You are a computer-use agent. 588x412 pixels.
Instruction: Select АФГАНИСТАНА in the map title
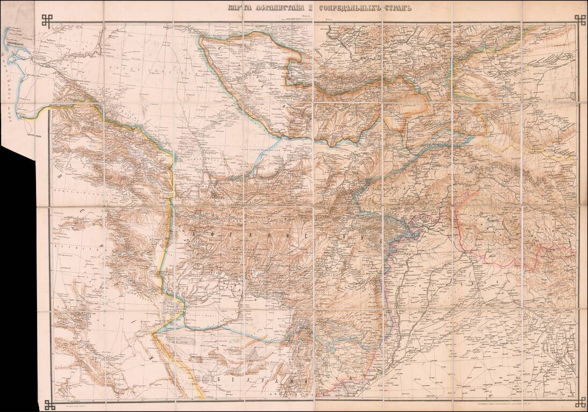273,8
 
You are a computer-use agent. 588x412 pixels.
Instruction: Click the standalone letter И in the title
304,8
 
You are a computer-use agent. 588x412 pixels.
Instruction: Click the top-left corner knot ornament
47,20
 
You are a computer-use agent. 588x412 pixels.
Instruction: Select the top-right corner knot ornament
580,20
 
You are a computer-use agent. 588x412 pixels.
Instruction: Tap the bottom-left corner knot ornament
49,403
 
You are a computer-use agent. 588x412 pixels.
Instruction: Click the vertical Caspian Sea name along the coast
19,80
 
